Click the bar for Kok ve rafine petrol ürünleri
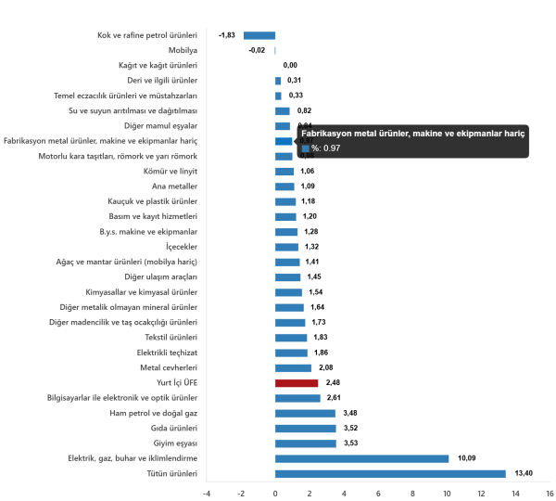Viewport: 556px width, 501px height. [x=259, y=35]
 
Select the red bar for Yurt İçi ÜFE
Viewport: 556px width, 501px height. [x=297, y=382]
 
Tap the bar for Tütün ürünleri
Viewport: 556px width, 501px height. [x=390, y=473]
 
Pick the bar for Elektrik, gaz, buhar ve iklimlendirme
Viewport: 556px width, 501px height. [x=361, y=458]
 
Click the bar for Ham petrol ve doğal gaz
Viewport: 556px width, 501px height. [x=305, y=413]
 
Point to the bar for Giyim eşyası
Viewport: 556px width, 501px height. [x=305, y=443]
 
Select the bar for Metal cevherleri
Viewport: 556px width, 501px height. [x=293, y=367]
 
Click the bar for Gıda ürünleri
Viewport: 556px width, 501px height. [x=305, y=428]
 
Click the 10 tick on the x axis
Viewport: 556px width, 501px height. [x=448, y=493]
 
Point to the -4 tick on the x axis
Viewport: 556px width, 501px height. [x=206, y=493]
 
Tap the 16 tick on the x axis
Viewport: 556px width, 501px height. [x=550, y=493]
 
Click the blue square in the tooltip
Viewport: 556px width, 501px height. [x=305, y=148]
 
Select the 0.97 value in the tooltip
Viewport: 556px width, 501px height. [x=332, y=148]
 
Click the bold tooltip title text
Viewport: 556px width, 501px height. [x=413, y=134]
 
